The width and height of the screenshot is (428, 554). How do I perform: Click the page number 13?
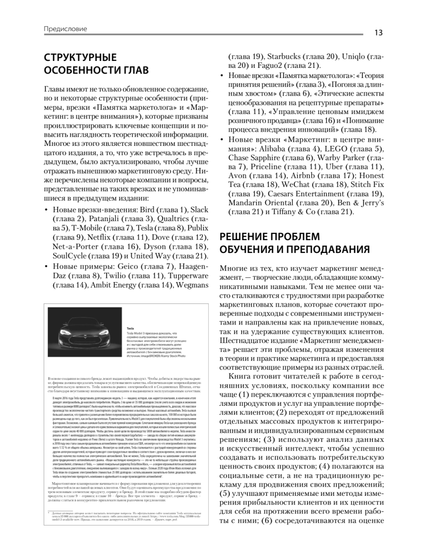click(378, 32)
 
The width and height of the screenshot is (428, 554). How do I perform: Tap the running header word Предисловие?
click(66, 29)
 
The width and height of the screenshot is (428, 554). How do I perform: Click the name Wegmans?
click(193, 285)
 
